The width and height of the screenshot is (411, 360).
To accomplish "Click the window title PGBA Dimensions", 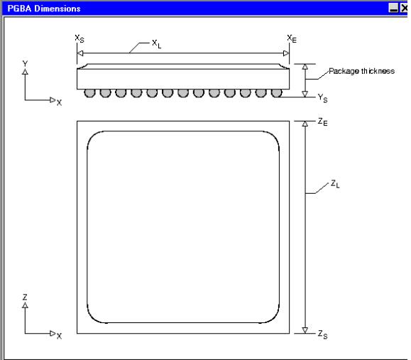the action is click(44, 9).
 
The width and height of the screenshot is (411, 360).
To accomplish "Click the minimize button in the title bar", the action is click(393, 8).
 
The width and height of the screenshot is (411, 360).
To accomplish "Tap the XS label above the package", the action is click(80, 38).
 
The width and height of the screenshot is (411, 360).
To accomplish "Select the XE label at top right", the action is click(292, 39).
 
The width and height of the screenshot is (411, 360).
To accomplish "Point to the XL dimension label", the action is click(156, 44).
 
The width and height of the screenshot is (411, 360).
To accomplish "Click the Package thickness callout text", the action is click(361, 71).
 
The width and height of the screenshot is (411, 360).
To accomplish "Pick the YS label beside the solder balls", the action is click(323, 98).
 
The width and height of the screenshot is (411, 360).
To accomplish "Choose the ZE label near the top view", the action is click(323, 122).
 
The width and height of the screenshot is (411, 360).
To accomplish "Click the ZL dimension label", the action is click(335, 184).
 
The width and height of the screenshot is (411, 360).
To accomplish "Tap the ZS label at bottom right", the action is click(323, 334).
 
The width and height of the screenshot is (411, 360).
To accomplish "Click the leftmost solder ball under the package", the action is click(89, 93).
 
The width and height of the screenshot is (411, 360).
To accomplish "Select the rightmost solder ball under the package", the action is click(277, 93).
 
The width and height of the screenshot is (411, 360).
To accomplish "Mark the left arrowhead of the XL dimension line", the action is click(80, 53).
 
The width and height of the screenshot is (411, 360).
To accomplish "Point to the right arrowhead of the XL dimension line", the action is click(286, 53).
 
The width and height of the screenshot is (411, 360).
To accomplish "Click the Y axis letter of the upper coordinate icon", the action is click(25, 63).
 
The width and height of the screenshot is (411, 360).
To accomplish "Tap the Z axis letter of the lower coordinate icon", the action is click(25, 297).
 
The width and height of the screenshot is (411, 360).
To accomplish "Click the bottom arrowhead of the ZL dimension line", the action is click(305, 330).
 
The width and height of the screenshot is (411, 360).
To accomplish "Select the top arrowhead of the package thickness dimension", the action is click(305, 67).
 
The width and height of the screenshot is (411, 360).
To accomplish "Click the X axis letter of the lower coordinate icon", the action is click(59, 336).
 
